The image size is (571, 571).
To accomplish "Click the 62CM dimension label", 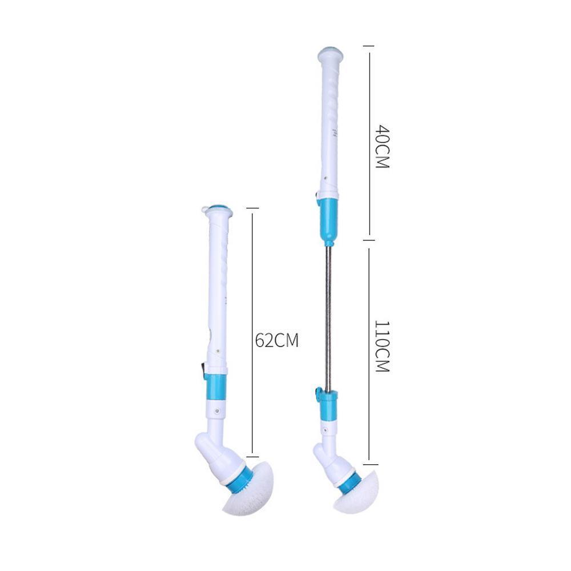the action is click(277, 340).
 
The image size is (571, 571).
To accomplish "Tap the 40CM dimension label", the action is click(383, 147).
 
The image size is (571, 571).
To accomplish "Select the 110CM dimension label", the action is click(383, 347).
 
